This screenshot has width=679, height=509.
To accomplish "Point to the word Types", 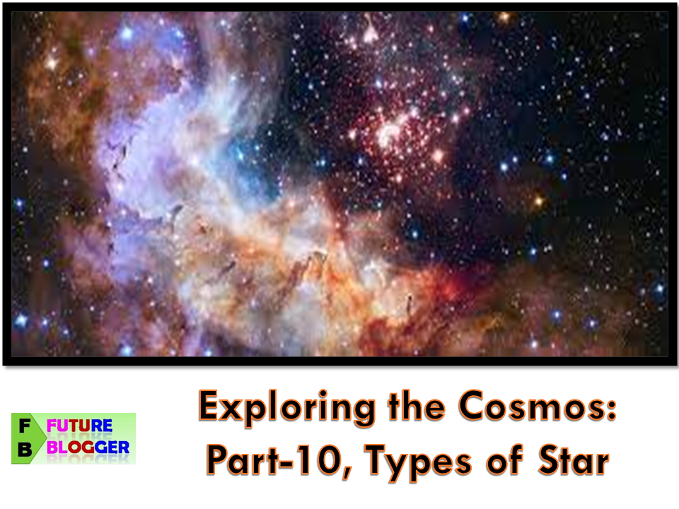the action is pyautogui.click(x=418, y=462).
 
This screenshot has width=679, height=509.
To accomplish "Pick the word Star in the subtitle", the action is pyautogui.click(x=574, y=460).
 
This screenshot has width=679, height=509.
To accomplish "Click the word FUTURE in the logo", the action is pyautogui.click(x=79, y=426).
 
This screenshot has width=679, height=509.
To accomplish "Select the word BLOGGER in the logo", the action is pyautogui.click(x=88, y=447).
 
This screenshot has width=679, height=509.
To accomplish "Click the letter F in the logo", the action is pyautogui.click(x=25, y=426).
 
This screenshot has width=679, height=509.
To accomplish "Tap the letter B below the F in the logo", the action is pyautogui.click(x=25, y=450).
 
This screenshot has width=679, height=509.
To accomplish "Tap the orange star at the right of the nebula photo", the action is pyautogui.click(x=539, y=200).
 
